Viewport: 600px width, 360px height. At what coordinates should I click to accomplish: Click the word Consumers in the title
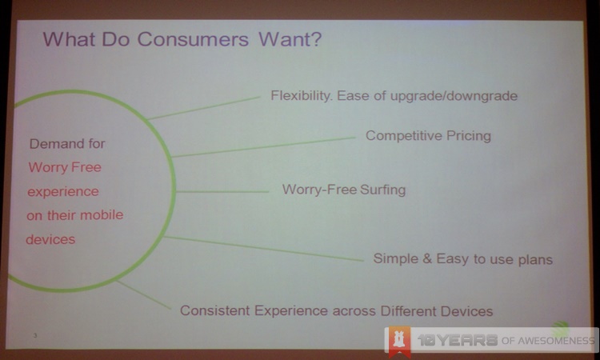[x=193, y=39]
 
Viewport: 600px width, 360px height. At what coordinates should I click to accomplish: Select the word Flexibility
[x=301, y=96]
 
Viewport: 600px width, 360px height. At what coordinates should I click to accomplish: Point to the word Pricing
[x=469, y=136]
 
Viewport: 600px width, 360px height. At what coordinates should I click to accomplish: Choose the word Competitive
[x=404, y=135]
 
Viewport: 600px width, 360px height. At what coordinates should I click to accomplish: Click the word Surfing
[x=383, y=190]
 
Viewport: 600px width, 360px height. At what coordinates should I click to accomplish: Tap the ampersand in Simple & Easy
[x=427, y=258]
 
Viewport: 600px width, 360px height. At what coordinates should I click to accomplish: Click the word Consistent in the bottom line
[x=214, y=310]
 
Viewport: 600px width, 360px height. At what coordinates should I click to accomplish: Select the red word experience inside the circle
[x=63, y=192]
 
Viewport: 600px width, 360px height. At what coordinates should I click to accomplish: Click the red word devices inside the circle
[x=50, y=239]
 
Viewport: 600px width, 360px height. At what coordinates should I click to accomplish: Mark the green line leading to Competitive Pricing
[x=263, y=147]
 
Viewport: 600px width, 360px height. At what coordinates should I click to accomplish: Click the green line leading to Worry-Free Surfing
[x=222, y=191]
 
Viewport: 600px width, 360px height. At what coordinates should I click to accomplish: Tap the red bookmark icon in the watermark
[x=399, y=340]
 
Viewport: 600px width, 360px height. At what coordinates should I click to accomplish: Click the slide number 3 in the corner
[x=35, y=335]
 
